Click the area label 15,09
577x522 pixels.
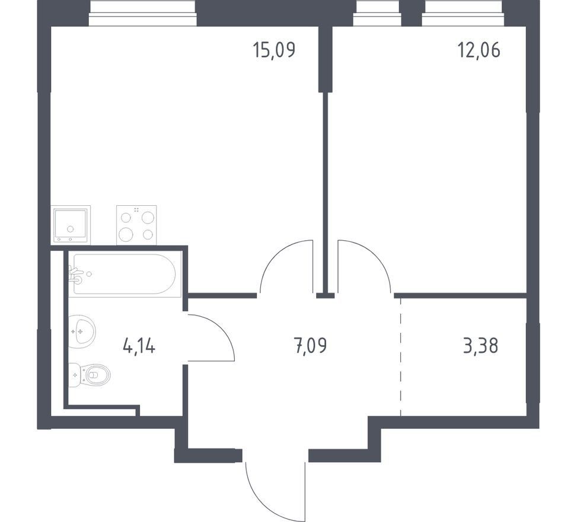pyautogui.click(x=274, y=50)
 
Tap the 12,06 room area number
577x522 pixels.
pyautogui.click(x=479, y=50)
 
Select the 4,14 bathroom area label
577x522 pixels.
pyautogui.click(x=139, y=346)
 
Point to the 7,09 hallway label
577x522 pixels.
pyautogui.click(x=311, y=346)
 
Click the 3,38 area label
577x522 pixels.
pyautogui.click(x=480, y=346)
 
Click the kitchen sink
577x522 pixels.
pyautogui.click(x=71, y=225)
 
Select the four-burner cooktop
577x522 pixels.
pyautogui.click(x=136, y=225)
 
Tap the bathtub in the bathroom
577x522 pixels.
pyautogui.click(x=125, y=274)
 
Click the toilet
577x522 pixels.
pyautogui.click(x=90, y=375)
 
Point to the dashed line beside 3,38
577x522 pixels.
pyautogui.click(x=401, y=357)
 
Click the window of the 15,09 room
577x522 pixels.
pyautogui.click(x=143, y=13)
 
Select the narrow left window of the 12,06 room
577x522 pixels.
pyautogui.click(x=377, y=13)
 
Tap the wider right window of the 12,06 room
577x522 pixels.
pyautogui.click(x=462, y=13)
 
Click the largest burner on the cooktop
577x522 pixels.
pyautogui.click(x=126, y=234)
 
